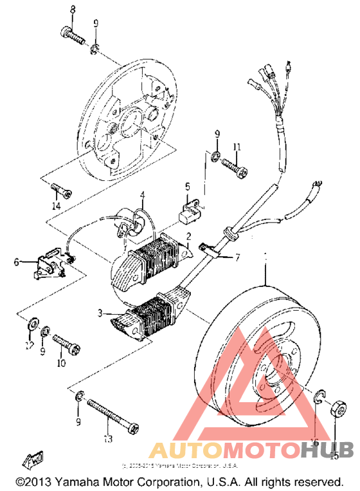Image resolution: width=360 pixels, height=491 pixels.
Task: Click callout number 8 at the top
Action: pyautogui.click(x=72, y=9)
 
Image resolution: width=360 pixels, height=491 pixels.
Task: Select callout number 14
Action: pyautogui.click(x=56, y=206)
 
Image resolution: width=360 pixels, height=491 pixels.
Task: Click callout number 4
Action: pyautogui.click(x=142, y=196)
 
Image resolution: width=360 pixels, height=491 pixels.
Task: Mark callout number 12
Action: pyautogui.click(x=29, y=346)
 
